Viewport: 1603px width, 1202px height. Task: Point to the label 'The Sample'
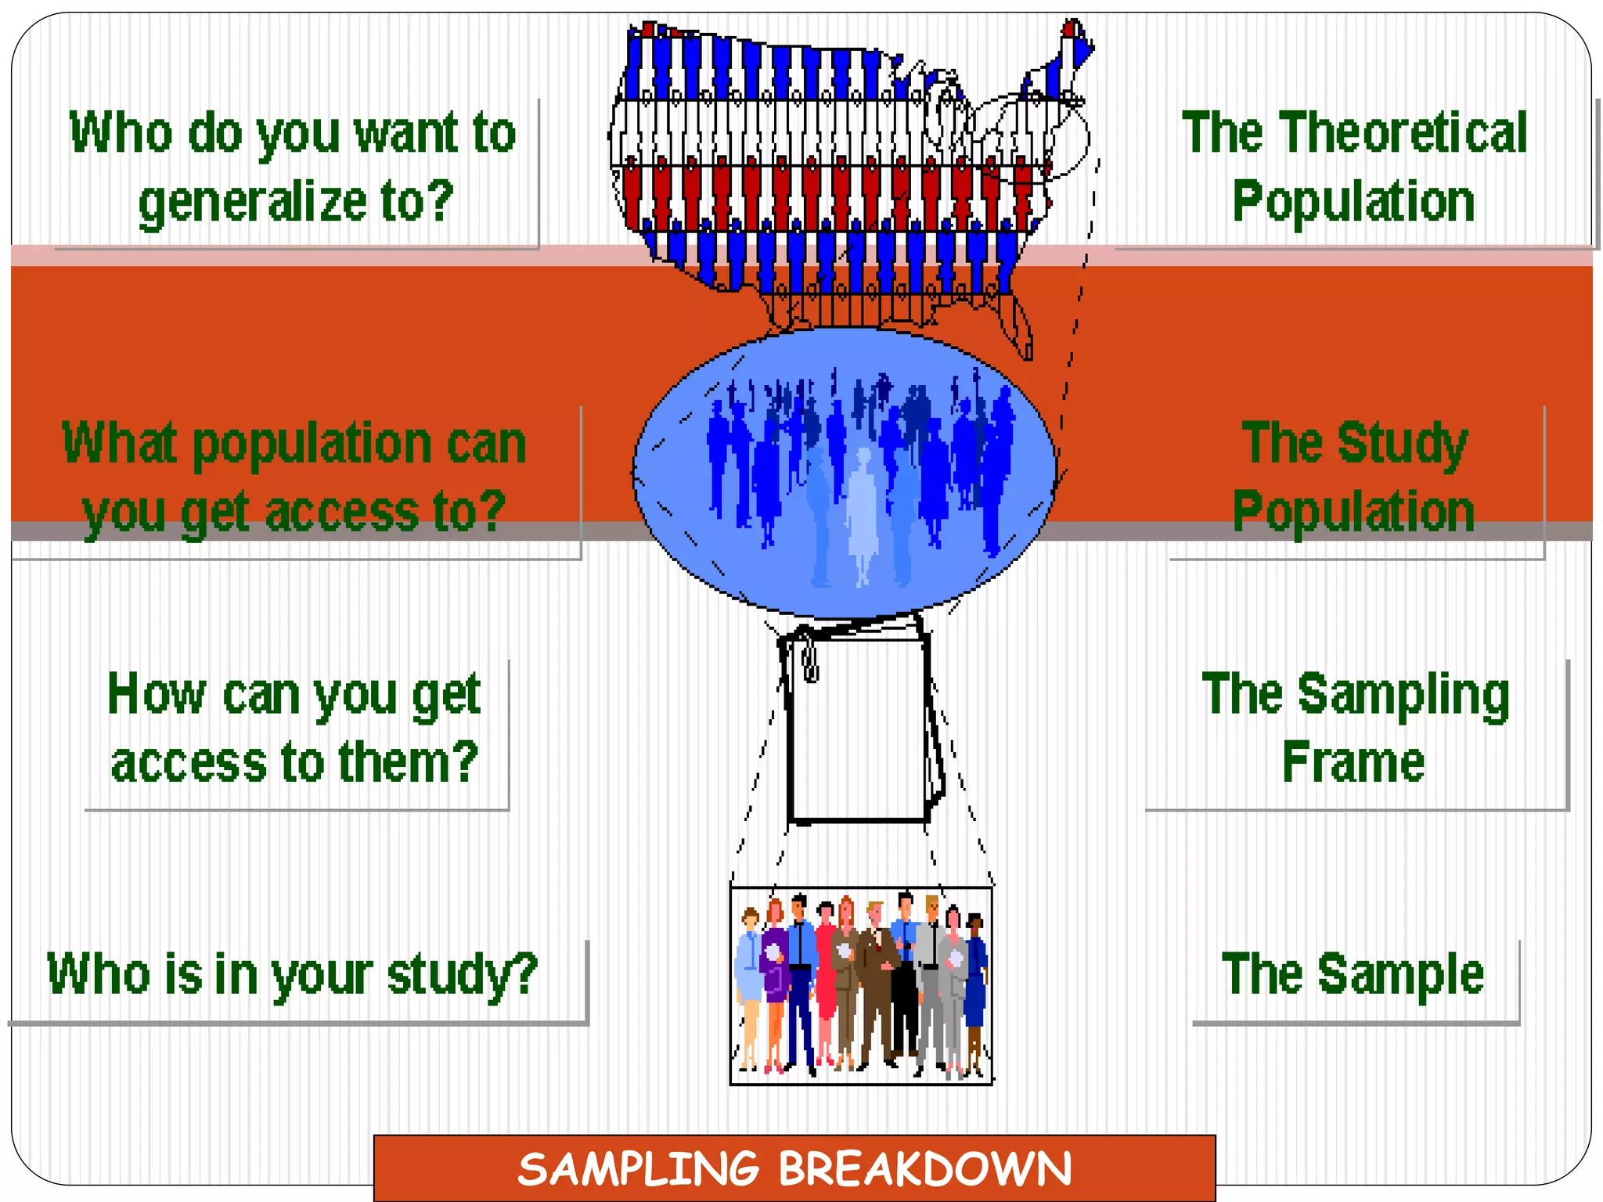click(1353, 973)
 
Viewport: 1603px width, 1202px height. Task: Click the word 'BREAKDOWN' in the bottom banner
click(924, 1169)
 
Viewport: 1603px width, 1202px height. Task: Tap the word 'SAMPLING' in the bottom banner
click(639, 1169)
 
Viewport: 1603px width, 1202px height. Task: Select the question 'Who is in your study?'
click(292, 973)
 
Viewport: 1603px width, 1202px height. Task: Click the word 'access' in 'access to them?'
click(189, 763)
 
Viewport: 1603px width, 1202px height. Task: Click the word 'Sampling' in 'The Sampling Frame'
click(1403, 694)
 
